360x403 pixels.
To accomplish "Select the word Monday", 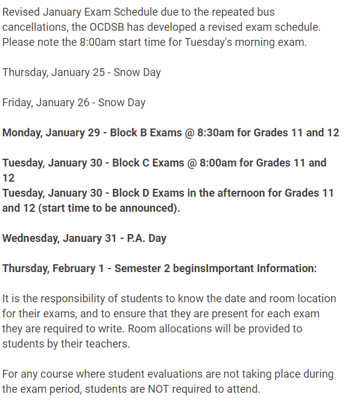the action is point(22,133).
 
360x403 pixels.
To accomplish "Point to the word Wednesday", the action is point(30,238).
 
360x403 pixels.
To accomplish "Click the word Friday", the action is point(16,103).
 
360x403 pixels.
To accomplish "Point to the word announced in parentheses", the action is point(150,208).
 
